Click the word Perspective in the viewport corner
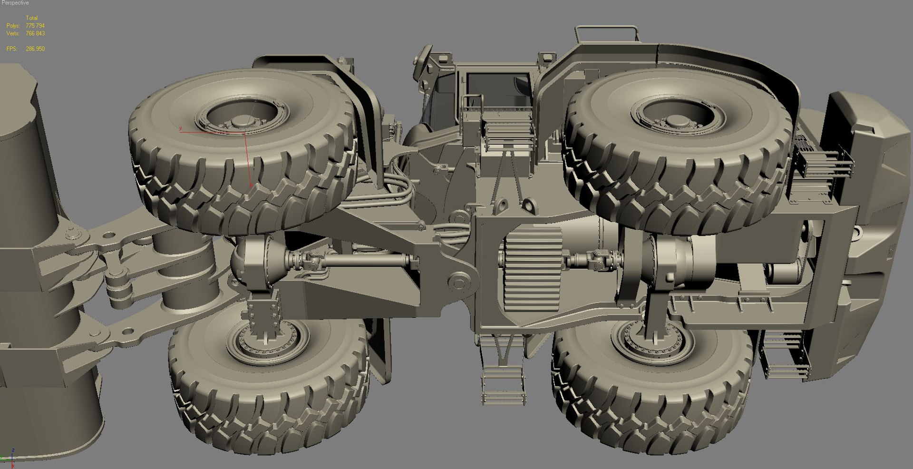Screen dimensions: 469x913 pyautogui.click(x=15, y=3)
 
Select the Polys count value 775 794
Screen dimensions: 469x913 pyautogui.click(x=35, y=26)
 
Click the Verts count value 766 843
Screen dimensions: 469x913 pyautogui.click(x=35, y=33)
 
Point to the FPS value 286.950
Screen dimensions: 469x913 pyautogui.click(x=35, y=49)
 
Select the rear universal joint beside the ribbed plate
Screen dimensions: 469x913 pyautogui.click(x=590, y=260)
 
